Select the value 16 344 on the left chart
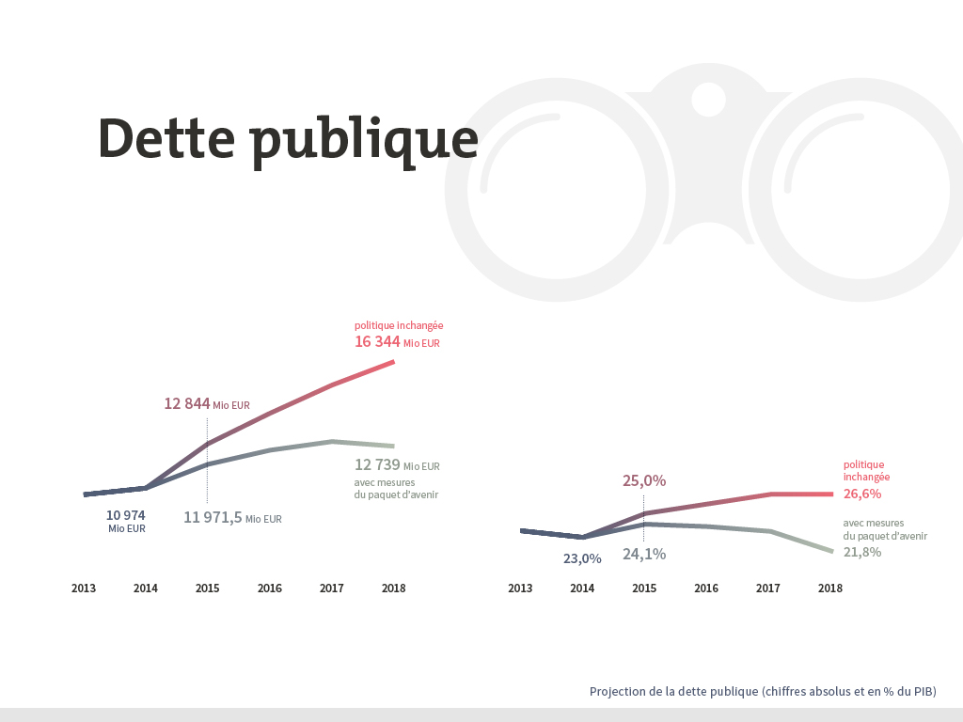tap(377, 341)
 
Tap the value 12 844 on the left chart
tap(187, 403)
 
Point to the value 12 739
tap(377, 464)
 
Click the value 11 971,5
tap(213, 517)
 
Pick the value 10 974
tap(126, 515)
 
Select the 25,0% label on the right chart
tap(644, 480)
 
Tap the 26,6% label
tap(862, 494)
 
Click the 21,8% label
tap(862, 552)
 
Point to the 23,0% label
tap(582, 558)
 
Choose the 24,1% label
tap(644, 554)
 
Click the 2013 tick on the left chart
tap(84, 589)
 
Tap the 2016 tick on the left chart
tap(270, 589)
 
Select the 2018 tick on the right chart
tap(830, 589)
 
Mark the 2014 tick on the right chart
tap(582, 589)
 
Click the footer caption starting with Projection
tap(763, 692)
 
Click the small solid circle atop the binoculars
tap(708, 99)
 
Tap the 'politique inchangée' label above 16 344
tap(399, 325)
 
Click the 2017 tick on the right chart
tap(768, 589)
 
